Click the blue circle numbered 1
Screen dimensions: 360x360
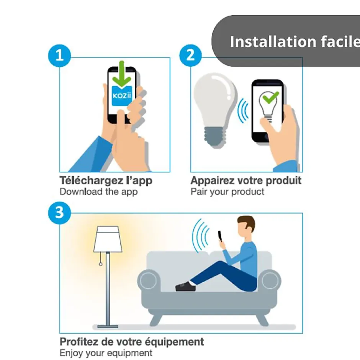(59, 56)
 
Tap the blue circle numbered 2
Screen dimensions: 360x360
(191, 56)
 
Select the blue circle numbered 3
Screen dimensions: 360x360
(59, 213)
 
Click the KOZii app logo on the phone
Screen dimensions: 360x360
(122, 96)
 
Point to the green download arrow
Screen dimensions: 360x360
(122, 74)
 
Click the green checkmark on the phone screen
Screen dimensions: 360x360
(271, 97)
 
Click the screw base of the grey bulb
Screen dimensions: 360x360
(215, 137)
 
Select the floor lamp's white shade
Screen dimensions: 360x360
(108, 239)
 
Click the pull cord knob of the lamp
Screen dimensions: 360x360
(101, 264)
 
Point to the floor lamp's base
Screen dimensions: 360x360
(108, 326)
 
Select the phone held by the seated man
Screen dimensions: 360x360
(220, 236)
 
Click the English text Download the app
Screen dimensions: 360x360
(99, 192)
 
